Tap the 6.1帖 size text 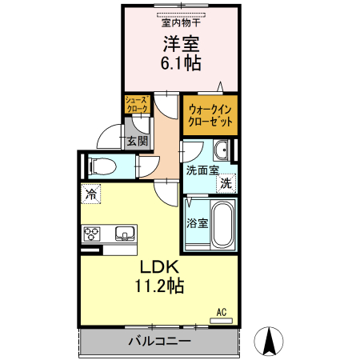[181, 63]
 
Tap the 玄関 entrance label [137, 142]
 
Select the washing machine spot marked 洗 [227, 184]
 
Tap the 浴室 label [196, 223]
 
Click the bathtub [222, 224]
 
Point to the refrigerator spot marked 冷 [91, 194]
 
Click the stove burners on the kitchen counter [91, 234]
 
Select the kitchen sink [126, 234]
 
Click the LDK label [158, 267]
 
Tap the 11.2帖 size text [158, 285]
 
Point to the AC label [222, 312]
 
